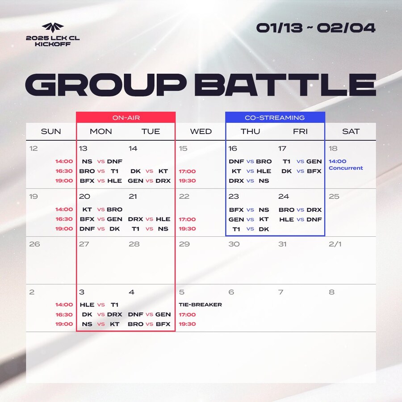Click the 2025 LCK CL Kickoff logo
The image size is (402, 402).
(x=53, y=35)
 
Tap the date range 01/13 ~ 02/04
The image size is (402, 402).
(x=316, y=28)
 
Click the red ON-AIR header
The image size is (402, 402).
(x=126, y=117)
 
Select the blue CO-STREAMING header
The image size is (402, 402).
(x=275, y=117)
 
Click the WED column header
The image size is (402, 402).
(x=201, y=131)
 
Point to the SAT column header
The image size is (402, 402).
(x=351, y=131)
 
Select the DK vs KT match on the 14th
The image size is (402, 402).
(x=149, y=171)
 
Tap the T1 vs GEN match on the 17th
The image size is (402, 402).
(x=302, y=161)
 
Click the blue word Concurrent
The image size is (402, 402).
(x=346, y=168)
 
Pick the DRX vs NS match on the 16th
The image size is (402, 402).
(x=249, y=181)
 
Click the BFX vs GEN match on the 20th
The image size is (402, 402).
(x=101, y=219)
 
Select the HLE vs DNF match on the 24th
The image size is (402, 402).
(x=300, y=219)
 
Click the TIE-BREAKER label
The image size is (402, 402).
(x=200, y=305)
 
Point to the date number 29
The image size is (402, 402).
(x=184, y=244)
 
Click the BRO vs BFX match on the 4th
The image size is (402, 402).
(x=149, y=324)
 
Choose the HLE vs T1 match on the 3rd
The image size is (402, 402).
(x=99, y=305)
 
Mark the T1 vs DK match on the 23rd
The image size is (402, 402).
(x=251, y=229)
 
